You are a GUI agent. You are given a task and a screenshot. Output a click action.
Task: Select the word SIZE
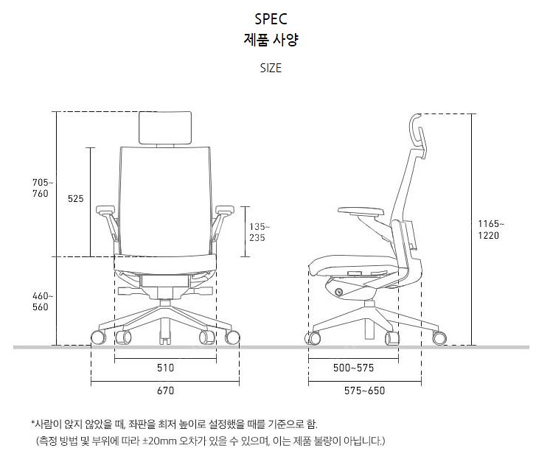coord(271,69)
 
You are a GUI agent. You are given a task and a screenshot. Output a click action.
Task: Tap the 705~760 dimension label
coord(40,188)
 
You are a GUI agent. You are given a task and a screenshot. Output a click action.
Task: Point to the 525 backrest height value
coord(75,199)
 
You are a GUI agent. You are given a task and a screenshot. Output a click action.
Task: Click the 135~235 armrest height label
coord(260,232)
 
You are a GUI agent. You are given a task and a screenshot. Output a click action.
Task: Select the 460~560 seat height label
coord(40,301)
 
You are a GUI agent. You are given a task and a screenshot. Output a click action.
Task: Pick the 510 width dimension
coord(166,367)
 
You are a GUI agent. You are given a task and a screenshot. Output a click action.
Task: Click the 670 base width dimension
coord(166,390)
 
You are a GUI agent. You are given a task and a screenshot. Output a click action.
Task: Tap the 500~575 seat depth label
coord(354,367)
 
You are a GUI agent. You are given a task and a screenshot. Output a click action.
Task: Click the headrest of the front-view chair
coord(166,127)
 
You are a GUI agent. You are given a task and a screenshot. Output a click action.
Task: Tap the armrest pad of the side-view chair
coord(361,212)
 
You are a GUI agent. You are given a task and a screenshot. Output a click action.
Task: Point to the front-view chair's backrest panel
coord(166,195)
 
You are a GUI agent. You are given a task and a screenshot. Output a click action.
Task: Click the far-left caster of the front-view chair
coord(97,338)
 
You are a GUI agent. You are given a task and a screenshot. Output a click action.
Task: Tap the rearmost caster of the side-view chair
coord(441,337)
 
